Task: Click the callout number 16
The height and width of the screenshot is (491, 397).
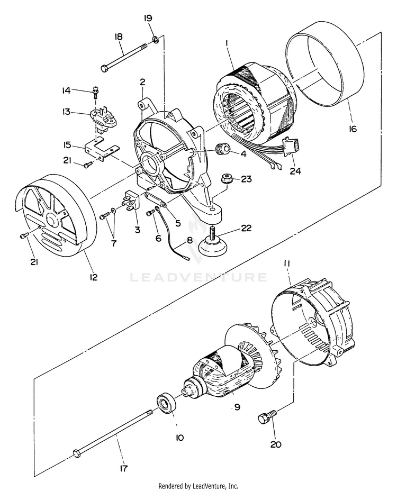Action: pyautogui.click(x=353, y=129)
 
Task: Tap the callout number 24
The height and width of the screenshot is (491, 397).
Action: pyautogui.click(x=296, y=171)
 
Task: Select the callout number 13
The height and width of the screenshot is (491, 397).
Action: pyautogui.click(x=66, y=112)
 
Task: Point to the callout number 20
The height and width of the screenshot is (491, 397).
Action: pyautogui.click(x=276, y=444)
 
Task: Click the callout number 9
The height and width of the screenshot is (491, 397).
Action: pyautogui.click(x=237, y=407)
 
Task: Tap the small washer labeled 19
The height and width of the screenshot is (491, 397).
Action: pyautogui.click(x=155, y=39)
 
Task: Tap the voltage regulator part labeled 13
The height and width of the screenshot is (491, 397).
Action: pyautogui.click(x=102, y=119)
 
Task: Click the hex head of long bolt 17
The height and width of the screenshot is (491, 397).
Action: pyautogui.click(x=77, y=453)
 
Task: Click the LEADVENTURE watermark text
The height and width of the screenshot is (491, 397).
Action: pyautogui.click(x=198, y=277)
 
